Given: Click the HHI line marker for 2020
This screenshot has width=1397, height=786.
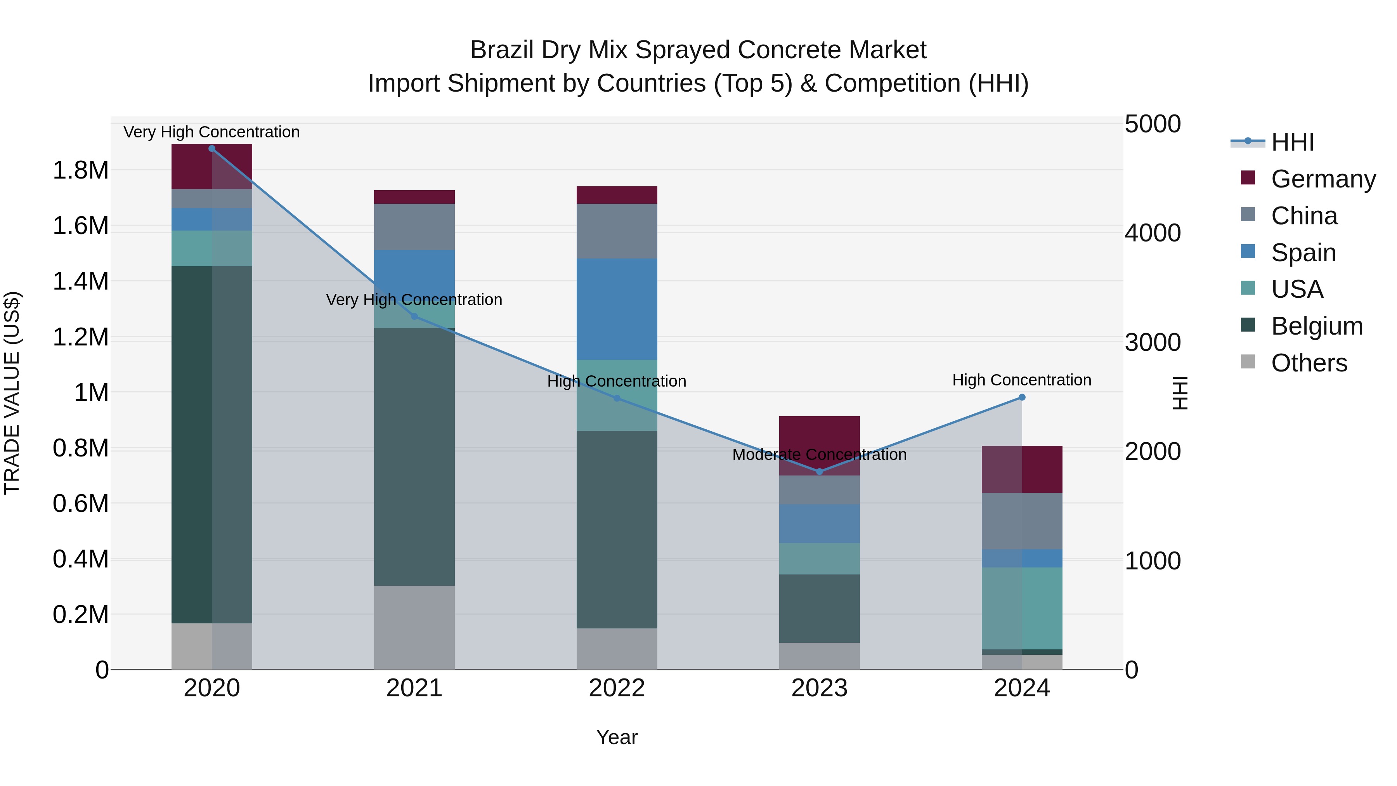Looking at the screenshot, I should (211, 148).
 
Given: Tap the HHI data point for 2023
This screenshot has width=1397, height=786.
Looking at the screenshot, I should (820, 471).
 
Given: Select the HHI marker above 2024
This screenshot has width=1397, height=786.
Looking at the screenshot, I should (1022, 397).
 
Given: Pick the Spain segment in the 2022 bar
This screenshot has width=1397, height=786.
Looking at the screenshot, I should (617, 309).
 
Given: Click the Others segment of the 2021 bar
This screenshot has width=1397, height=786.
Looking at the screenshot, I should (414, 627).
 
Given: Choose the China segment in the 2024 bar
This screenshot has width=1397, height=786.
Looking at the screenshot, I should (1022, 521).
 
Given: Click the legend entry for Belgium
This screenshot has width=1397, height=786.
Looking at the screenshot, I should (1316, 326).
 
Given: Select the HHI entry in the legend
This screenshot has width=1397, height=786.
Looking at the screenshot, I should (1292, 142).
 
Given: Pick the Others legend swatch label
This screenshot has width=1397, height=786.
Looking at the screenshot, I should (1309, 363).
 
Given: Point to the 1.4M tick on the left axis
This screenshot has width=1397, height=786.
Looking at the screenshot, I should (80, 281).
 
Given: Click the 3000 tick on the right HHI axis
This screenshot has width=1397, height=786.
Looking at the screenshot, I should (1153, 342).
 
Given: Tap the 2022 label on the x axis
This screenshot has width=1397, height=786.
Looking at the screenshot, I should (617, 688).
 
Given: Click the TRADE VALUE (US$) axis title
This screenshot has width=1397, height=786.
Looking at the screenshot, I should (12, 393).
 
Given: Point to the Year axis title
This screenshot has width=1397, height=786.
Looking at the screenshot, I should (617, 737).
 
